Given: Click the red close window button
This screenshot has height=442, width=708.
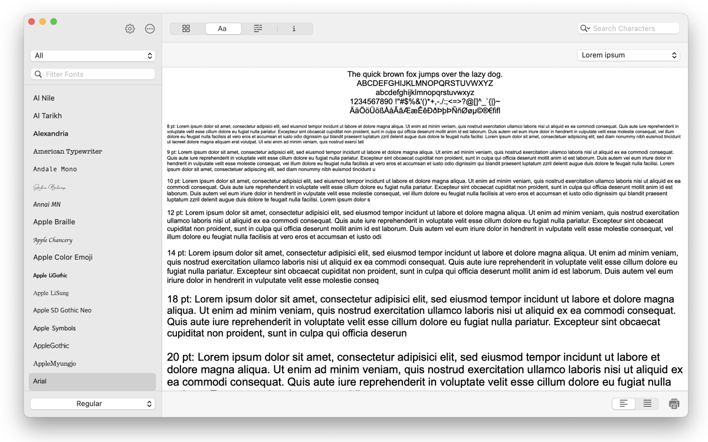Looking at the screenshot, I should pyautogui.click(x=32, y=22).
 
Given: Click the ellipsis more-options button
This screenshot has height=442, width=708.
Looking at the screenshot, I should pyautogui.click(x=150, y=29).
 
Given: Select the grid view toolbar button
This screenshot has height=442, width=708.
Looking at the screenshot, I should pyautogui.click(x=186, y=28).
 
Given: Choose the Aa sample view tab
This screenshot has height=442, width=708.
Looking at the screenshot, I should pyautogui.click(x=222, y=28).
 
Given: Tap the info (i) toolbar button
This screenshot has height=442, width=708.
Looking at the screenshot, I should pyautogui.click(x=294, y=28).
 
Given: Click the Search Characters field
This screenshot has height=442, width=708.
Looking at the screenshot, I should pyautogui.click(x=634, y=28).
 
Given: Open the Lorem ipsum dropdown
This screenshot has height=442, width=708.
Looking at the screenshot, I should pyautogui.click(x=628, y=55).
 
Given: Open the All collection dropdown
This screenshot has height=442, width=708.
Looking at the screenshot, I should pyautogui.click(x=93, y=55).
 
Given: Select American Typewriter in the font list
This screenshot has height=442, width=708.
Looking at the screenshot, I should pyautogui.click(x=68, y=151).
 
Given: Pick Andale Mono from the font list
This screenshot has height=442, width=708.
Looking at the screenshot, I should pyautogui.click(x=55, y=169).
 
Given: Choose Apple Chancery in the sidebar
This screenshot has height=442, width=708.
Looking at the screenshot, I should pyautogui.click(x=53, y=240).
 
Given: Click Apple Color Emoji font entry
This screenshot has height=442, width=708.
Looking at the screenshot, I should pyautogui.click(x=63, y=258).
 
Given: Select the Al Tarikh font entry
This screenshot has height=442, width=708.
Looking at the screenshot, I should pyautogui.click(x=48, y=116).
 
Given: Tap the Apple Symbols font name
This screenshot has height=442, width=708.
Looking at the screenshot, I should pyautogui.click(x=55, y=328).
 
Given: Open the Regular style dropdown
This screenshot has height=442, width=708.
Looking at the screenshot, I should pyautogui.click(x=93, y=404).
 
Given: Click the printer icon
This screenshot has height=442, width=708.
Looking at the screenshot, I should pyautogui.click(x=674, y=404).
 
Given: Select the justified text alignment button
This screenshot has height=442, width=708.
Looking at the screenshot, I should pyautogui.click(x=647, y=404).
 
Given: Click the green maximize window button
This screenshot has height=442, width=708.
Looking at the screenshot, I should pyautogui.click(x=54, y=22).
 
